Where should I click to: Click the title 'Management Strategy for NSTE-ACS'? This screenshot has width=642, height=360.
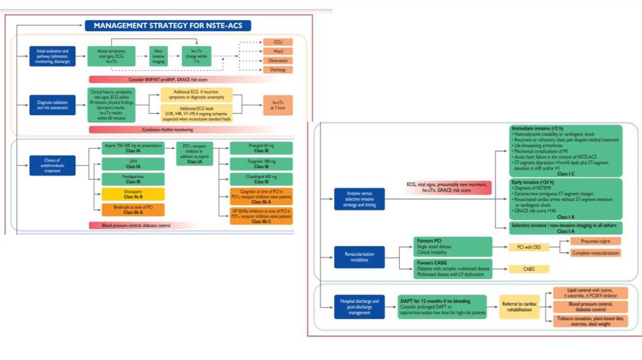[168, 26]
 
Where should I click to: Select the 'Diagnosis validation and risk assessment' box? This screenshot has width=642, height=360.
[52, 104]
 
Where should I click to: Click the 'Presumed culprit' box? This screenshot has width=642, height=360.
[595, 241]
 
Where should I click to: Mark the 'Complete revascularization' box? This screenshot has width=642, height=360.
[595, 253]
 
